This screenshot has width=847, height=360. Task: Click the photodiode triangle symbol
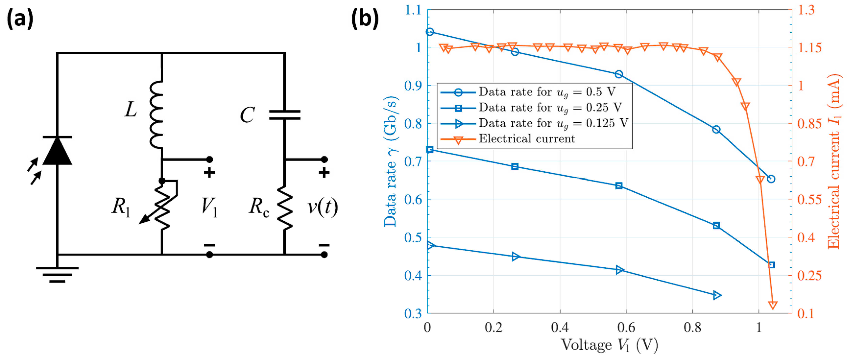pos(57,151)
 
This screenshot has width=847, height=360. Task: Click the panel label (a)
pos(20,19)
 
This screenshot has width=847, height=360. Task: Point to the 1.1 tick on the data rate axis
pos(413,10)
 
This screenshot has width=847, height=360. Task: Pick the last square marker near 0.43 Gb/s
pos(771,265)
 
